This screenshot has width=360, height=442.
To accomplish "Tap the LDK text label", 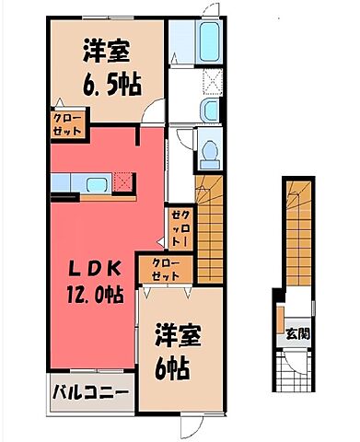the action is click(94, 270).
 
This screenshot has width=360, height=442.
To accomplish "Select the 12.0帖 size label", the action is click(95, 295).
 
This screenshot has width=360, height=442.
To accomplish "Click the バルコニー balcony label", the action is click(90, 392).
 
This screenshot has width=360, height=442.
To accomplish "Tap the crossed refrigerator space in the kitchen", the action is click(123, 182).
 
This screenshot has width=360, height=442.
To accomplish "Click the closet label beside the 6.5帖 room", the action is click(68, 125).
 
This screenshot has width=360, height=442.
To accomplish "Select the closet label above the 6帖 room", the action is click(166, 270).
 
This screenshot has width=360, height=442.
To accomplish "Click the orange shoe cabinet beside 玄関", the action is click(280, 320).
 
